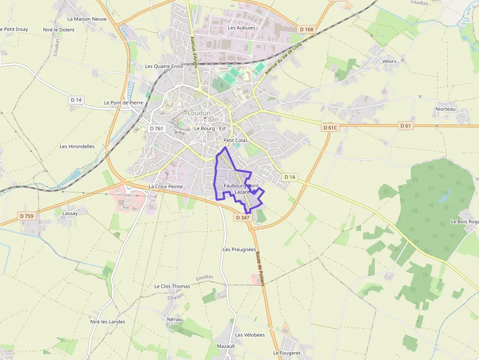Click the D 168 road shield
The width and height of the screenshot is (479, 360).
pyautogui.click(x=306, y=29)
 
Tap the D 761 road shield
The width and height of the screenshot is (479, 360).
pyautogui.click(x=156, y=128)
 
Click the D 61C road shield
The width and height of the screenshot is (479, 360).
pyautogui.click(x=330, y=127)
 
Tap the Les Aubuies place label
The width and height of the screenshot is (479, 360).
pyautogui.click(x=241, y=28)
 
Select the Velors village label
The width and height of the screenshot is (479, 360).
pyautogui.click(x=389, y=62)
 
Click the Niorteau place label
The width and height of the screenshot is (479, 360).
pyautogui.click(x=445, y=109)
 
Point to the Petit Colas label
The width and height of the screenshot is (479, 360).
pyautogui.click(x=235, y=140)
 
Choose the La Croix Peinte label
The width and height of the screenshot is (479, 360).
pyautogui.click(x=165, y=187)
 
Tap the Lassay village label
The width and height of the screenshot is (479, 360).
pyautogui.click(x=70, y=213)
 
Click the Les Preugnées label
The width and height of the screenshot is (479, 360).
pyautogui.click(x=239, y=249)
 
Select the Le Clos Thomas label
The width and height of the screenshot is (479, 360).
pyautogui.click(x=172, y=286)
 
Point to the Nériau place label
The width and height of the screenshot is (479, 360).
pyautogui.click(x=174, y=319)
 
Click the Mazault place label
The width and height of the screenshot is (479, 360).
pyautogui.click(x=226, y=346)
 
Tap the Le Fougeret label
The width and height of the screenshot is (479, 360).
pyautogui.click(x=286, y=353)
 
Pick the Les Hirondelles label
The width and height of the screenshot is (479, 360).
pyautogui.click(x=77, y=146)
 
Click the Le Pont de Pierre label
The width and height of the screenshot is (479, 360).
pyautogui.click(x=124, y=103)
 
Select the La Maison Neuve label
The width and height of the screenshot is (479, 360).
pyautogui.click(x=87, y=19)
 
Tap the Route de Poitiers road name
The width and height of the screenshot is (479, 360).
pyautogui.click(x=259, y=269)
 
